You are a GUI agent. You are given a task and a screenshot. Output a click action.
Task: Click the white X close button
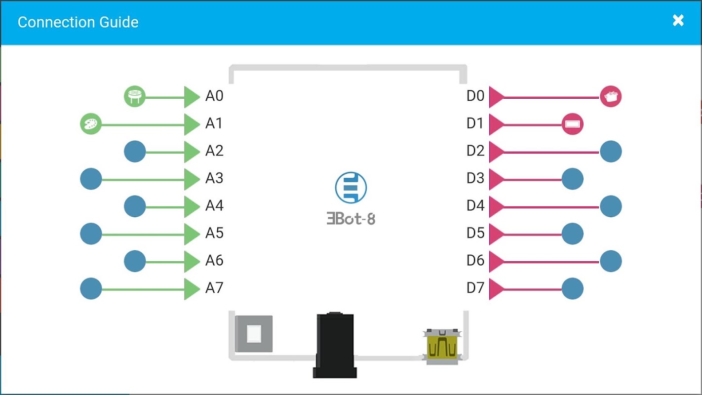tap(678, 21)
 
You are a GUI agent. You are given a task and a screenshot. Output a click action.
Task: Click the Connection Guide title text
tap(78, 22)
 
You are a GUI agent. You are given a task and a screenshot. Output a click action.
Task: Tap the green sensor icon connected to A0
tap(135, 96)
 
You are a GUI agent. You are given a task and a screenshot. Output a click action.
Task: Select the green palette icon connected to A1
tap(91, 124)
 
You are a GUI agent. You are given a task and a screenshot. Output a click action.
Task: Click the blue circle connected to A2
tap(135, 152)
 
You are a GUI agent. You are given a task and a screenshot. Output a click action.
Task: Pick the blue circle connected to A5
tap(91, 234)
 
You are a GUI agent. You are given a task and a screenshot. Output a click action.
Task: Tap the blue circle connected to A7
tap(91, 288)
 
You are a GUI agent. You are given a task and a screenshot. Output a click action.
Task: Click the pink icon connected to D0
tap(611, 96)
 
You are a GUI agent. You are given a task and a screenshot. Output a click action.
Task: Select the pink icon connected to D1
tap(572, 124)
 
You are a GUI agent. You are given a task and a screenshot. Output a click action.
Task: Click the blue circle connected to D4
tap(611, 206)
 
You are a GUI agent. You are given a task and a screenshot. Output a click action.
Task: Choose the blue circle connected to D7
tap(572, 288)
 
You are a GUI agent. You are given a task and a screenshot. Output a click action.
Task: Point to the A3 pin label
tap(214, 178)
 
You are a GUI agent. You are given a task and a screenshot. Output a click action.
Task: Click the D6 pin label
tap(475, 261)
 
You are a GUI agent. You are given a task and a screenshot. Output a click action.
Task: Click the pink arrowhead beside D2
tap(497, 152)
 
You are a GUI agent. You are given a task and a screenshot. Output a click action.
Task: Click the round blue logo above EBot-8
tap(351, 188)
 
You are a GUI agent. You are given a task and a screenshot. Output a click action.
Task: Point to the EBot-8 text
tap(351, 219)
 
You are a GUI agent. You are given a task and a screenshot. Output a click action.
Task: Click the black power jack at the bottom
tap(335, 345)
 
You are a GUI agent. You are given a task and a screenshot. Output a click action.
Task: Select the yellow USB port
tap(442, 347)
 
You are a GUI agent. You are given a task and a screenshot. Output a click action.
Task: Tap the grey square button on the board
tap(254, 334)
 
